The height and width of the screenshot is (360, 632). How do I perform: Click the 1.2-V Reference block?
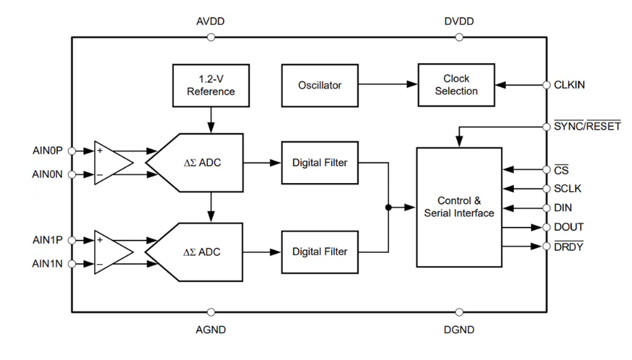coord(211,85)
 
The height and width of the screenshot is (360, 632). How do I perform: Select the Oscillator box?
coord(320,85)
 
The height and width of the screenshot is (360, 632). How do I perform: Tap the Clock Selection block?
coord(456,85)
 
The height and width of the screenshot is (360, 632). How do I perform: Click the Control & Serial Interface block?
coord(459,207)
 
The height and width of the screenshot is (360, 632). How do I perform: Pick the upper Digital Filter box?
coord(320,163)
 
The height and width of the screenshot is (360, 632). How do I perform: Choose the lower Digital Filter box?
coord(320,252)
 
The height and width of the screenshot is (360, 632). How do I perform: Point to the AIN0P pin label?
coord(47,150)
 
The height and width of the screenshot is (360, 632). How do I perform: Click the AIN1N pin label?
coord(47,263)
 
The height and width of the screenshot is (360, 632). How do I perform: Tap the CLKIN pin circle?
coord(547,85)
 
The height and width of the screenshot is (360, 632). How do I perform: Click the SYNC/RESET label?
coord(587,126)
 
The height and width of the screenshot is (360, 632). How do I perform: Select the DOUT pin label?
coord(569,227)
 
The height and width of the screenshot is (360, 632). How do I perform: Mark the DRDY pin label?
coord(568,246)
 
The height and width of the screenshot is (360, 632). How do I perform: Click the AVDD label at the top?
coord(211,21)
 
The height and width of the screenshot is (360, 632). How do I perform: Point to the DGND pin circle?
coord(459,313)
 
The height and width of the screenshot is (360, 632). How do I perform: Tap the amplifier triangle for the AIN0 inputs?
coord(112,163)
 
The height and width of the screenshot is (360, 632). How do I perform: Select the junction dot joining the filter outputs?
coord(389,207)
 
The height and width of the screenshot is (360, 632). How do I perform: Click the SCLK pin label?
coord(567,189)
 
